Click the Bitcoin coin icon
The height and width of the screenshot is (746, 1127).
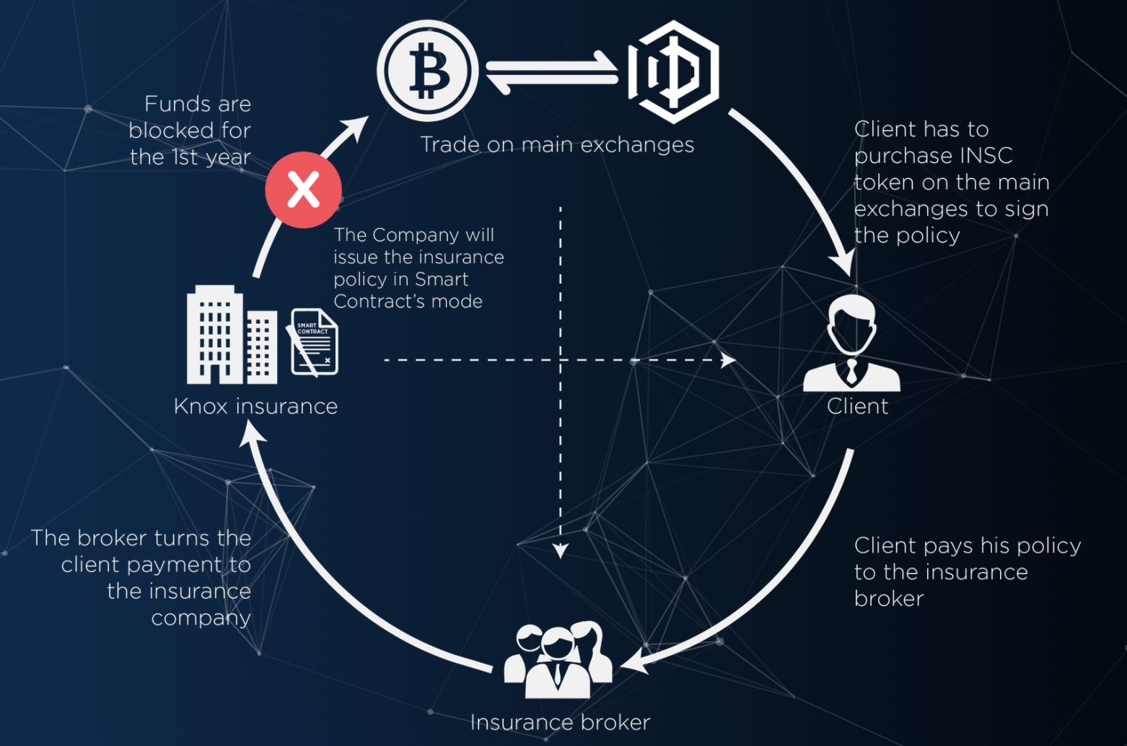pos(427,71)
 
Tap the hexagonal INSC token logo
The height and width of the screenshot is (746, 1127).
pos(673,71)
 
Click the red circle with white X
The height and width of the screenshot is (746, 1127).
pos(303,190)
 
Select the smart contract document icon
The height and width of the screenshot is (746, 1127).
pos(313,342)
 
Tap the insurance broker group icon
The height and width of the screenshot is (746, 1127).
pos(558,659)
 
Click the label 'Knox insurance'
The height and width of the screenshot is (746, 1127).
pos(255,406)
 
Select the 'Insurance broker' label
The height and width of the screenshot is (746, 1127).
pos(560,722)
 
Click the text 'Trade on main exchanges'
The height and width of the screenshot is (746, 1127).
pos(558,145)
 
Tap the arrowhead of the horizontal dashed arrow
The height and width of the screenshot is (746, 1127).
pos(729,360)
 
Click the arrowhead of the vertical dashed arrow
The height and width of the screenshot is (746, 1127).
pos(561,550)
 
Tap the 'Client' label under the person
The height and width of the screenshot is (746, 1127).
pos(857,406)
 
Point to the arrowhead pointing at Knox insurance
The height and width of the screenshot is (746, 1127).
pos(252,434)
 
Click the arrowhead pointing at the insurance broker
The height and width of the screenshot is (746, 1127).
pos(635,662)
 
